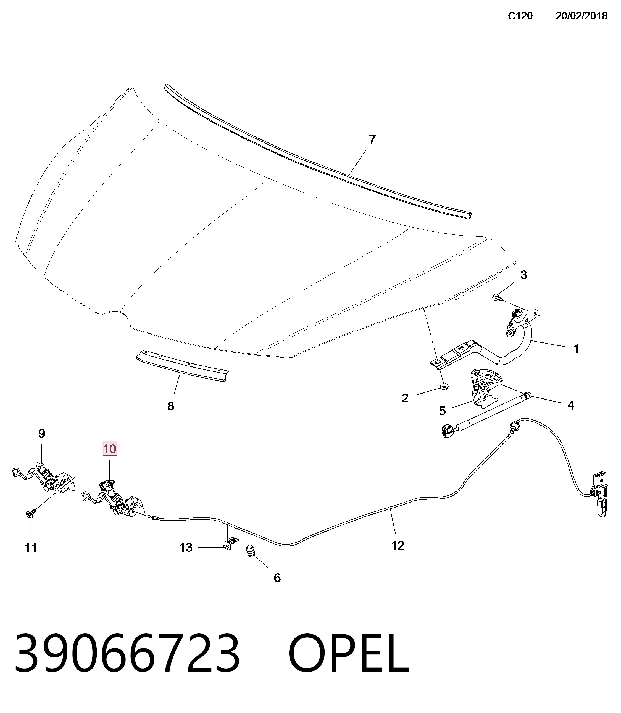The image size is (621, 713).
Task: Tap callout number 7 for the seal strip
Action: point(372,140)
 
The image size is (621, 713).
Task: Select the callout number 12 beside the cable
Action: point(398,546)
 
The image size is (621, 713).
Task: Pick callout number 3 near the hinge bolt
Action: point(523,275)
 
